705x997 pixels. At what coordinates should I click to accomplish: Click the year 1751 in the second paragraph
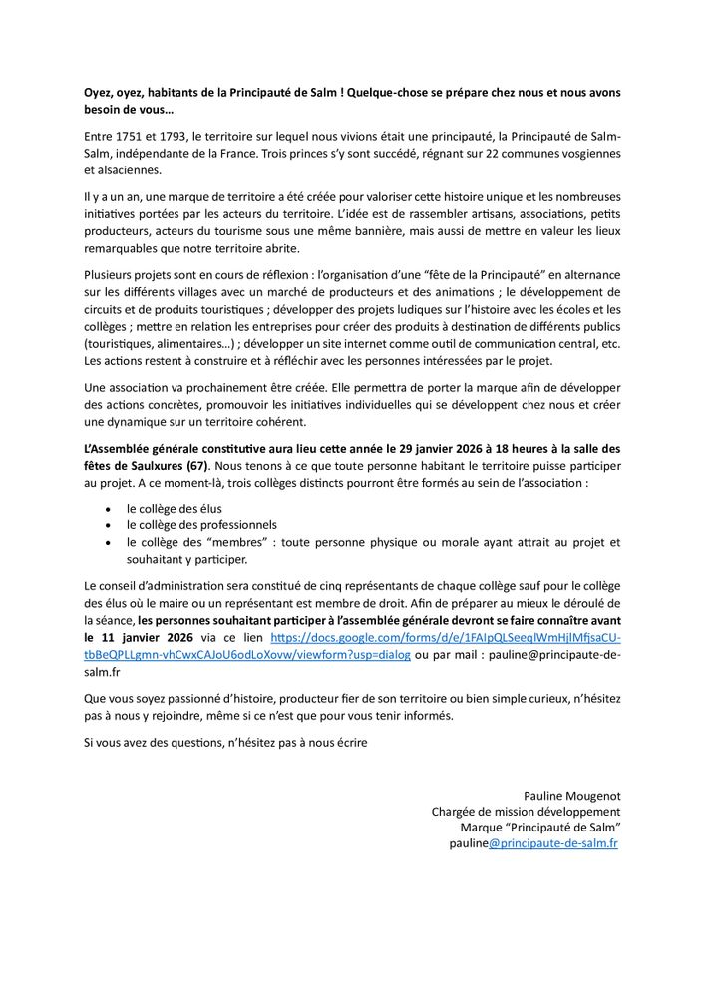point(127,135)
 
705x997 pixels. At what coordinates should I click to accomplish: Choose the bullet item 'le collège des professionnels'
point(201,524)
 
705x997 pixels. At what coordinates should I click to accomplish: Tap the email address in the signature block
point(534,843)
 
